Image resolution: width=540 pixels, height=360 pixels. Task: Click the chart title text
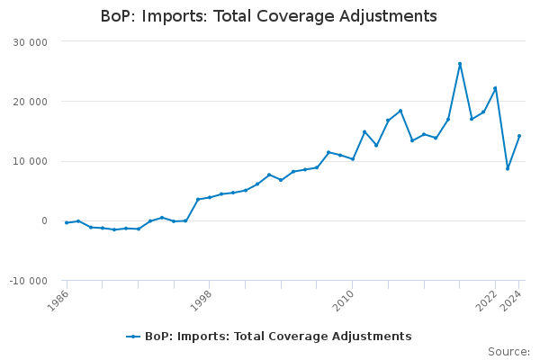269,16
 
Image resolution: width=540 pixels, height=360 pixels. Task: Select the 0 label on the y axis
56,221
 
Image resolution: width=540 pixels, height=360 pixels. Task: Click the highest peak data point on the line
460,64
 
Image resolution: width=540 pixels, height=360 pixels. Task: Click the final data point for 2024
519,136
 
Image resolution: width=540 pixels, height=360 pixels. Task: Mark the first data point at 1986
67,222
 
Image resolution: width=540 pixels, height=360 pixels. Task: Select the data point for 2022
495,88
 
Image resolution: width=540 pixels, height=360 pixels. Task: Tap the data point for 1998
210,197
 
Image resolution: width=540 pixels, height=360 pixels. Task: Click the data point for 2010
353,159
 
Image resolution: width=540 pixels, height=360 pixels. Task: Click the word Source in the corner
508,351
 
